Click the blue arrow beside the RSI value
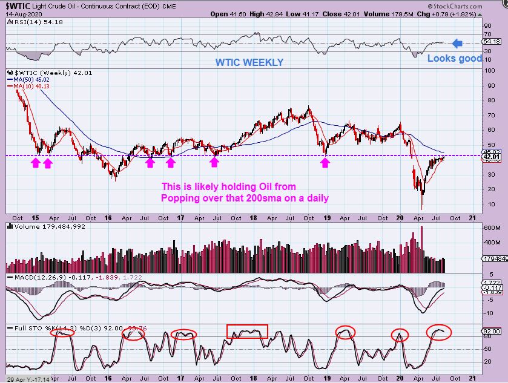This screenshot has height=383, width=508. pyautogui.click(x=458, y=43)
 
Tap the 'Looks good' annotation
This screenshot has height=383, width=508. pyautogui.click(x=455, y=59)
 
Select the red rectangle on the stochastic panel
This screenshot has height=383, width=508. pyautogui.click(x=247, y=331)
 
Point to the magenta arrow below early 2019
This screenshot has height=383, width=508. pyautogui.click(x=326, y=162)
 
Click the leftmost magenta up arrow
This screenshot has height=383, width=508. pyautogui.click(x=35, y=162)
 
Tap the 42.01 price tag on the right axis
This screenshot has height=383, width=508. pyautogui.click(x=492, y=157)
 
